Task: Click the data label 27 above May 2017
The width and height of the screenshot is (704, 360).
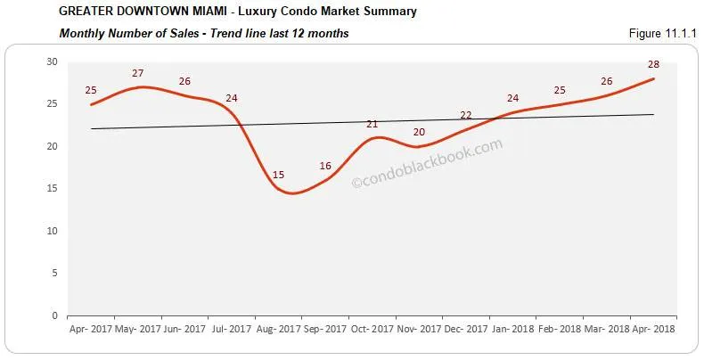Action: [138, 73]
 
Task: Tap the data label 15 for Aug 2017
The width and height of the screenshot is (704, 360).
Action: [278, 175]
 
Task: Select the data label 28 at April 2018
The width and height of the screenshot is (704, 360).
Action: [653, 65]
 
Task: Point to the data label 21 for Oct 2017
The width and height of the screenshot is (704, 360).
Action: [372, 124]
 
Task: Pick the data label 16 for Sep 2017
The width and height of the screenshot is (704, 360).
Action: [325, 166]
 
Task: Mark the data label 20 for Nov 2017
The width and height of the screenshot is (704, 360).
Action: [419, 132]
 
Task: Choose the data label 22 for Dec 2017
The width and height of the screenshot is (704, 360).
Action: [466, 115]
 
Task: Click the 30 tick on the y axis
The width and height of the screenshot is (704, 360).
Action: [52, 61]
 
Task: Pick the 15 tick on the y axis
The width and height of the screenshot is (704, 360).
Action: [52, 188]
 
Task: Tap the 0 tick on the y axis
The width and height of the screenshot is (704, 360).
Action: [54, 315]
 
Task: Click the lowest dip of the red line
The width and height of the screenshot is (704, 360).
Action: [292, 192]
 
